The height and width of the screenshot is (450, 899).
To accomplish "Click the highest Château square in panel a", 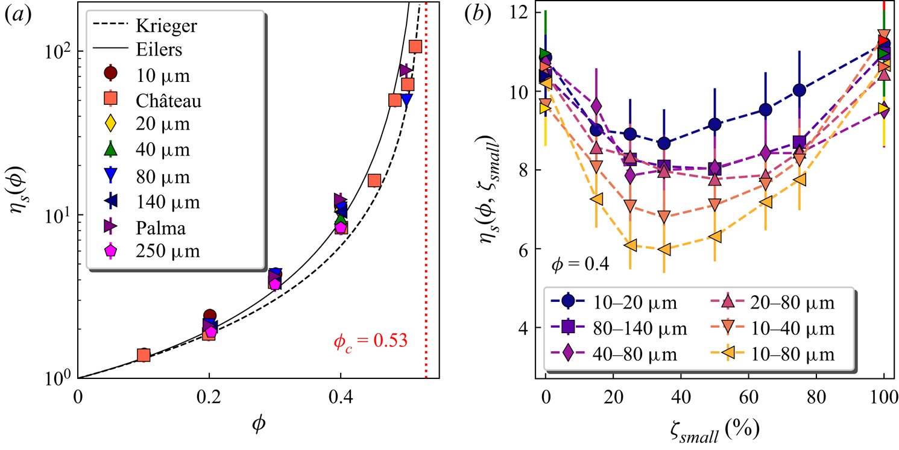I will (x=415, y=46).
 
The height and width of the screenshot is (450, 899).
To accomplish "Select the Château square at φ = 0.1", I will (x=144, y=355).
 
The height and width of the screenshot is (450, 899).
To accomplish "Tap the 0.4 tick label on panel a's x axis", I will (x=340, y=398).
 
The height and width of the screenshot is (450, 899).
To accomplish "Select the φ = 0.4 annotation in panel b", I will (x=578, y=263).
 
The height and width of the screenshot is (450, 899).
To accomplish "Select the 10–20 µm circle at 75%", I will (x=800, y=90).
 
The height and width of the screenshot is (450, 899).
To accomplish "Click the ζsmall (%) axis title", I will (x=713, y=430).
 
